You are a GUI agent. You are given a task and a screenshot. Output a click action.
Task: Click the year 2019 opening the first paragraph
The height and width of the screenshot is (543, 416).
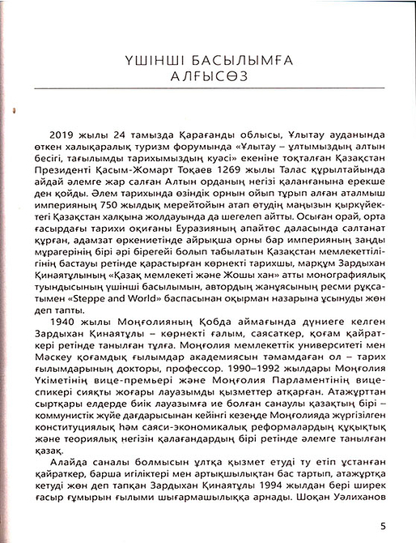point(64,133)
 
